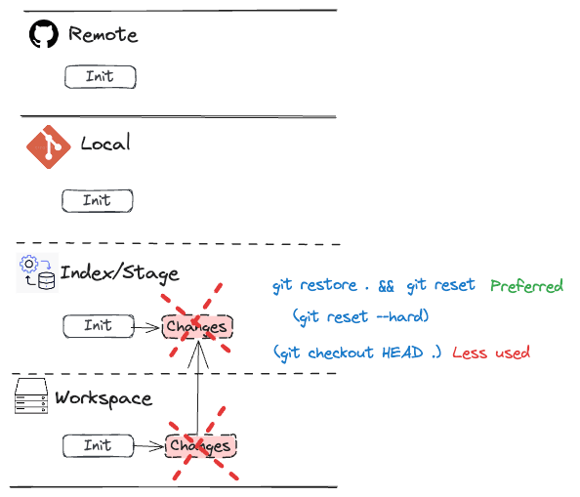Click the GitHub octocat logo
tap(44, 34)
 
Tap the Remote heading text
tap(104, 34)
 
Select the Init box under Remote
tap(101, 77)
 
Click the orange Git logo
tap(49, 146)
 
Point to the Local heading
tap(105, 143)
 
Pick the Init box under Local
tap(98, 201)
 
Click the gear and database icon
tap(37, 272)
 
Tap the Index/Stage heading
tap(120, 273)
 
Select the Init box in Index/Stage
tap(99, 326)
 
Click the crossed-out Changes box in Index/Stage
tap(197, 326)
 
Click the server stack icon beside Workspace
tap(31, 395)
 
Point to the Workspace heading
tap(104, 398)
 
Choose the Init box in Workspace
tap(98, 446)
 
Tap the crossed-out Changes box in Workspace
tap(200, 446)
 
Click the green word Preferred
tap(526, 286)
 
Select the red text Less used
tap(491, 352)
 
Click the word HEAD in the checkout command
tap(402, 352)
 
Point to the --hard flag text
tap(400, 316)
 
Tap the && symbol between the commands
tap(386, 286)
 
